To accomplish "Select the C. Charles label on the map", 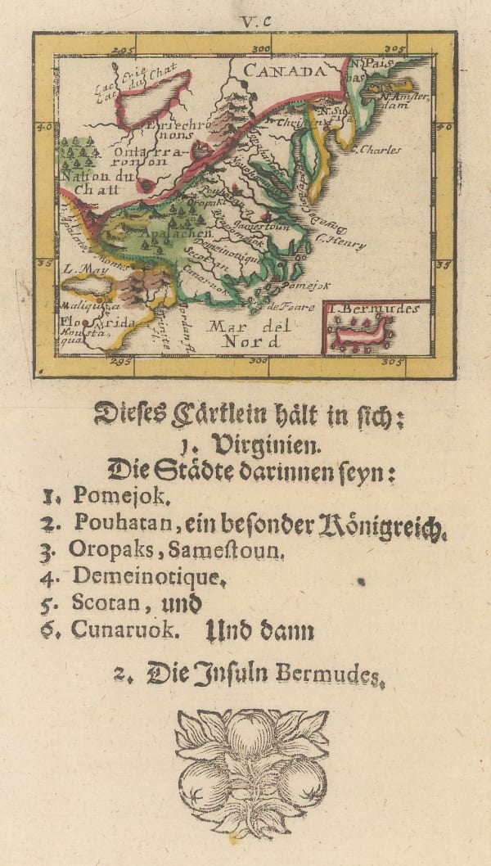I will point(378,150).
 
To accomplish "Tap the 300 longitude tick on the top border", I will point(262,50).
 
